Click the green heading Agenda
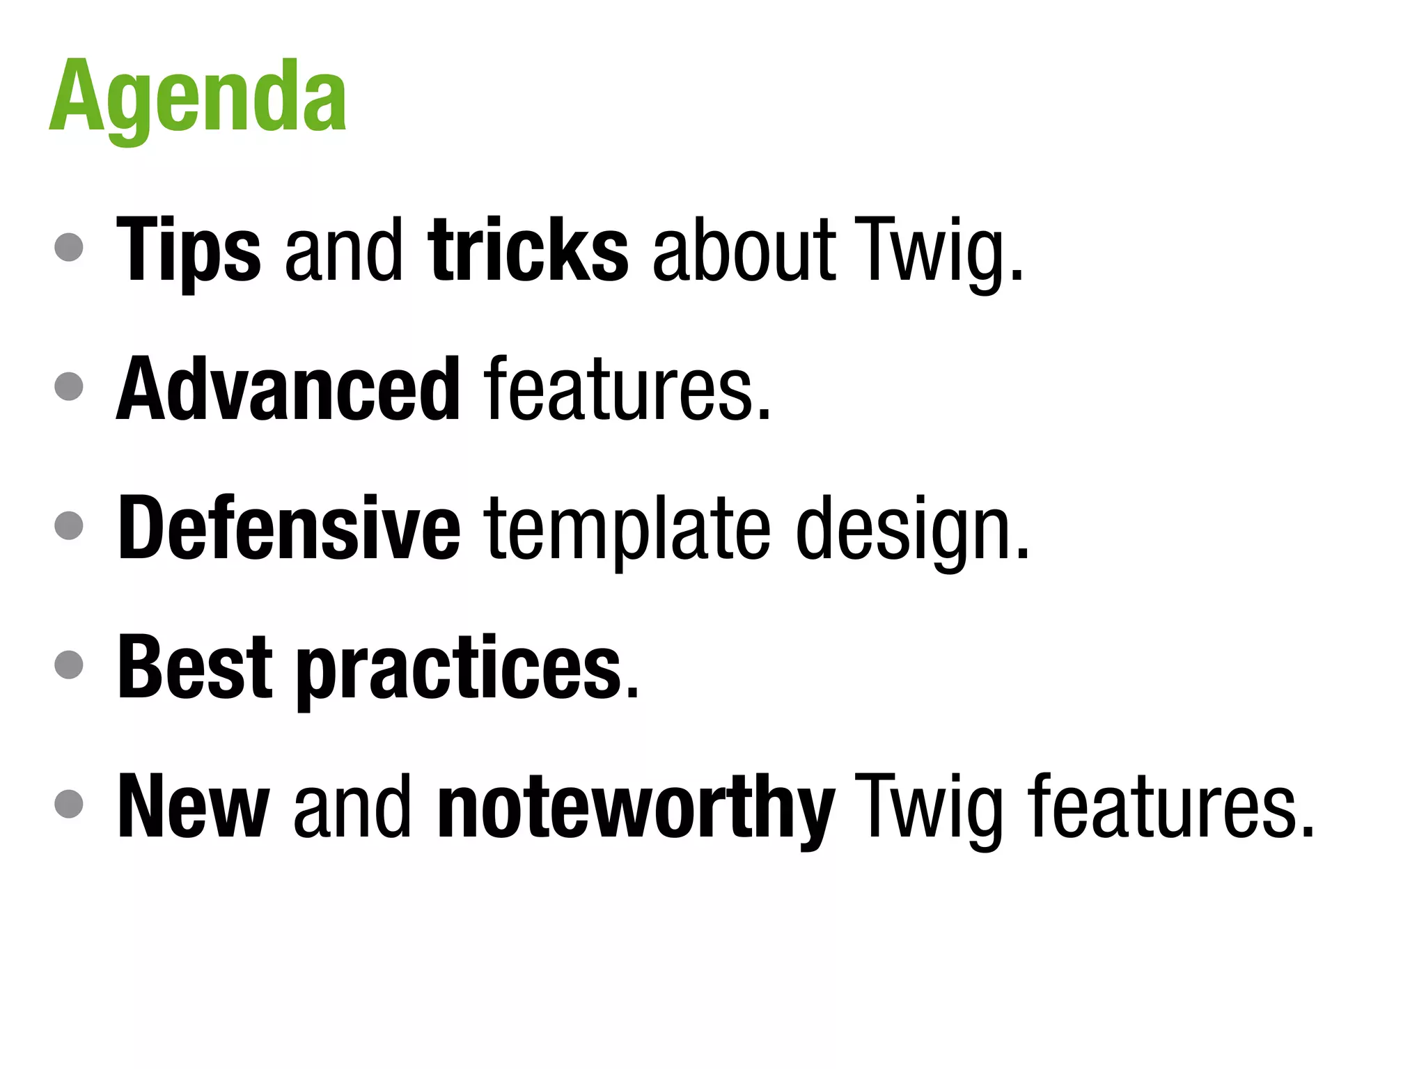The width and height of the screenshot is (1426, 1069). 198,97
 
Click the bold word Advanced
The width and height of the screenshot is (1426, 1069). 288,388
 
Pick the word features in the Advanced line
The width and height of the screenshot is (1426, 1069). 627,388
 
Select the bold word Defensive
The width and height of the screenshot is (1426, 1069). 289,528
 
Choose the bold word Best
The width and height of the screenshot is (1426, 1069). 195,667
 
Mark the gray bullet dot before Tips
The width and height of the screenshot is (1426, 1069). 69,246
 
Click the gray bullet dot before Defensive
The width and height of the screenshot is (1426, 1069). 69,525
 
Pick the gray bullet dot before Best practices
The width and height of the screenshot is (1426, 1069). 69,664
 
